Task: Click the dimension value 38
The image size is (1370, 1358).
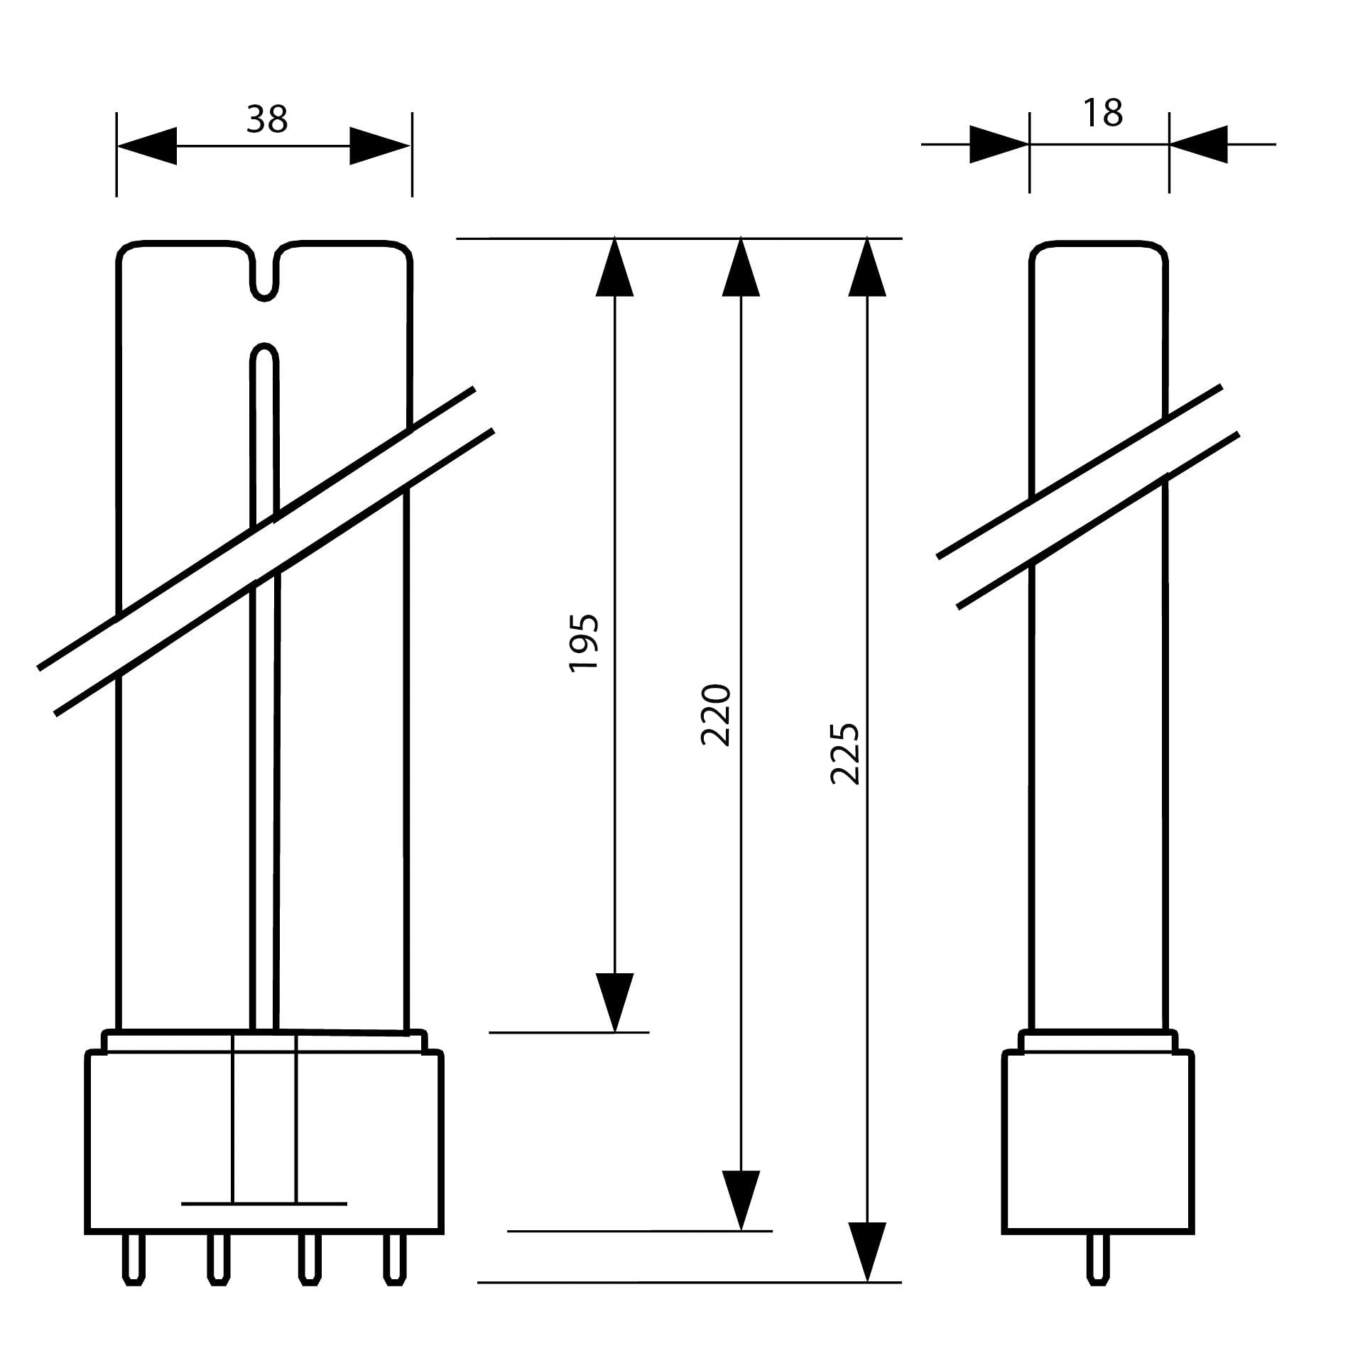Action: pos(267,120)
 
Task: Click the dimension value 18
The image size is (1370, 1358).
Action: pos(1102,114)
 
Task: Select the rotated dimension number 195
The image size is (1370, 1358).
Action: pos(585,642)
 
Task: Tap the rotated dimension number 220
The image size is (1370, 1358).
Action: pos(715,715)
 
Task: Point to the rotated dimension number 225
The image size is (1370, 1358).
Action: pos(845,754)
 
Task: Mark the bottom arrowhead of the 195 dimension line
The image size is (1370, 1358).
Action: pos(614,1001)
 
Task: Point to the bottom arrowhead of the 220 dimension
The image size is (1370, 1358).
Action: pos(741,1200)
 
